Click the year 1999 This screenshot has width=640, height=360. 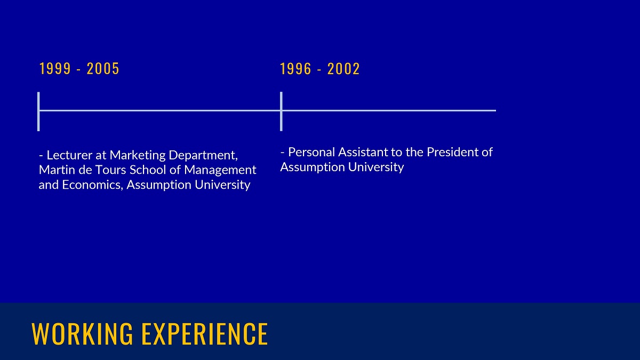[55, 69]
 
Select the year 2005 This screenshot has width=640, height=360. [103, 69]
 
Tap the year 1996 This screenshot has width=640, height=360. [295, 69]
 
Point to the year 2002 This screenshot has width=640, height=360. [343, 69]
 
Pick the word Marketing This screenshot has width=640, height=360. [138, 156]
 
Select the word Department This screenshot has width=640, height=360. [203, 156]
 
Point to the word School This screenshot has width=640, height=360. [148, 170]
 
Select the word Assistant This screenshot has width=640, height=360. [363, 152]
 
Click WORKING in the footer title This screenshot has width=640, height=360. [82, 333]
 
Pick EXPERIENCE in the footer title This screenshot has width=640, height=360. [205, 333]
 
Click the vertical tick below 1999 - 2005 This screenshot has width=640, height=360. [38, 111]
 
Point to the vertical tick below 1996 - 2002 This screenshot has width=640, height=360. [281, 111]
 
